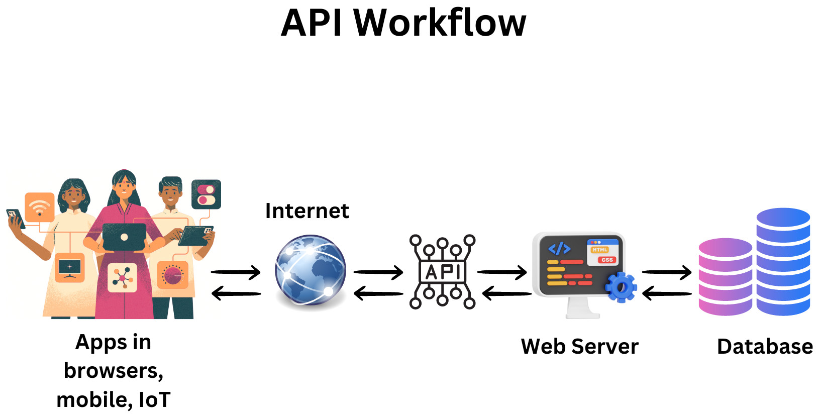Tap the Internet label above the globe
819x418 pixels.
[x=307, y=211]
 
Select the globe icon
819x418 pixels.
[x=311, y=270]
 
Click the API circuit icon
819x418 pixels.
[x=442, y=271]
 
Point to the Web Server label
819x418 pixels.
[x=579, y=347]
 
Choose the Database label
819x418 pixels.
[x=765, y=347]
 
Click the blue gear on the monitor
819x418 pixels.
[x=621, y=287]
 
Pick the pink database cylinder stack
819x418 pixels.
[x=725, y=277]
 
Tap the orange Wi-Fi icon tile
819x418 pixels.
[x=40, y=206]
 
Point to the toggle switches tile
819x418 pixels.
[x=206, y=194]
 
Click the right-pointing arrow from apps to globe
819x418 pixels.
[x=236, y=273]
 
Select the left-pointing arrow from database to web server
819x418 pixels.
[x=667, y=293]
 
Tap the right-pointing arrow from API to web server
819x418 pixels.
[x=502, y=273]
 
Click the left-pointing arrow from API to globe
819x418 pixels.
[x=378, y=293]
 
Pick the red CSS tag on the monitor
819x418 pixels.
[x=607, y=260]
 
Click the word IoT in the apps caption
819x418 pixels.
[x=154, y=400]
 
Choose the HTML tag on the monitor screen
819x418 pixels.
[x=599, y=250]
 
